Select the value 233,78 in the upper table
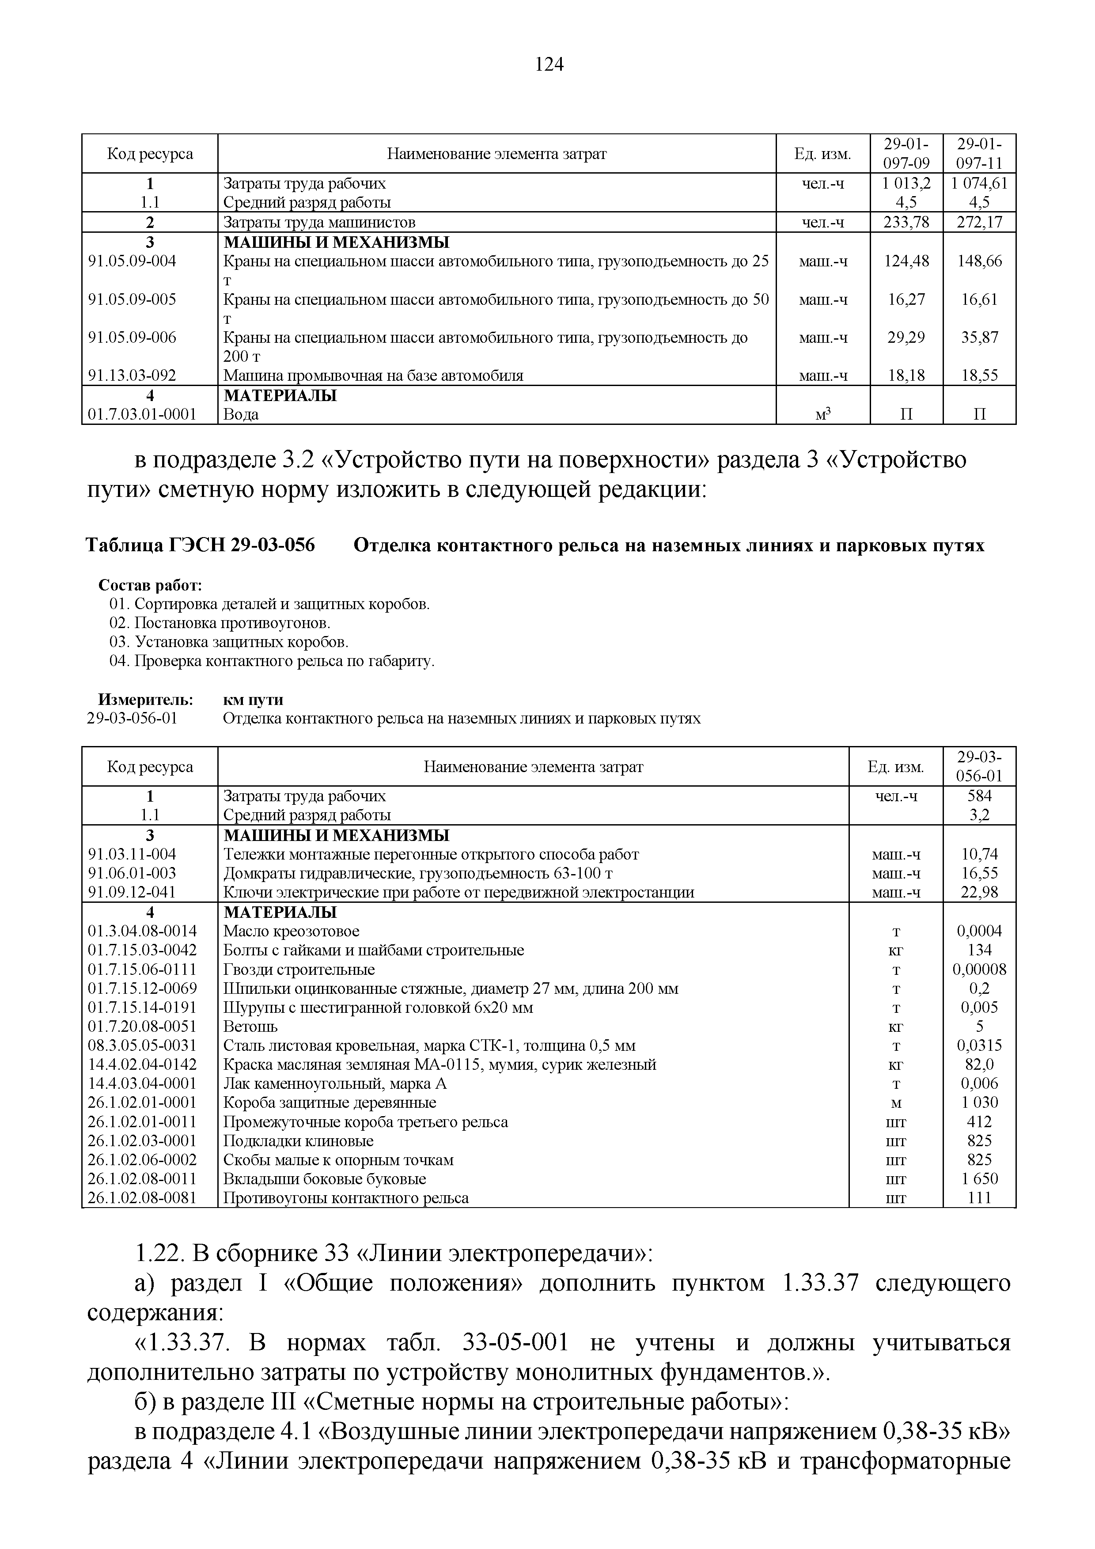(x=906, y=222)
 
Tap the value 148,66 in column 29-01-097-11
(x=979, y=261)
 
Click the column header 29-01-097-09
(x=906, y=153)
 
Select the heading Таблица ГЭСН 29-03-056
(x=201, y=545)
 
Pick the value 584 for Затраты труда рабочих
(x=979, y=795)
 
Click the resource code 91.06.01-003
(x=132, y=873)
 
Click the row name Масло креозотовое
(x=291, y=931)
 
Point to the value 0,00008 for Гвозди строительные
(x=979, y=970)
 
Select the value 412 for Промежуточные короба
(x=979, y=1121)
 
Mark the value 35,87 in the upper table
(x=979, y=337)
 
